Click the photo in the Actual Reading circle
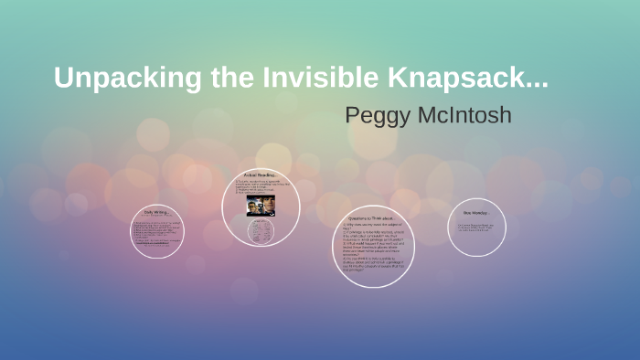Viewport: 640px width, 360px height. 261,205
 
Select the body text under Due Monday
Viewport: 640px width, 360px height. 475,228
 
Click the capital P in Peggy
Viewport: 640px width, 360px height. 354,116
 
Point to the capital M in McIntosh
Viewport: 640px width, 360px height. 426,116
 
